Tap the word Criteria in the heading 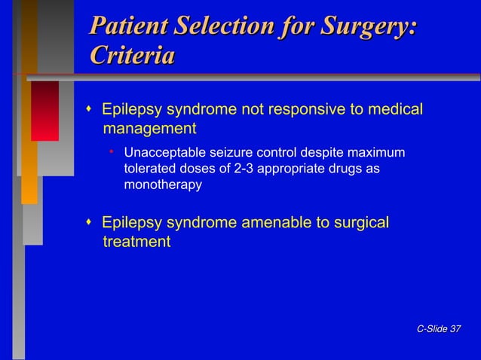(132, 55)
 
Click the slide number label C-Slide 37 (438, 328)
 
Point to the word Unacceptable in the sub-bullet (161, 154)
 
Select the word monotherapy (162, 185)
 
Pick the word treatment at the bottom (136, 242)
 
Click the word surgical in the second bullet (360, 223)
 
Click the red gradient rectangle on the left (44, 111)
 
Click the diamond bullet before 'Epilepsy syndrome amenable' (89, 223)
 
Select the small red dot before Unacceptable (111, 153)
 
